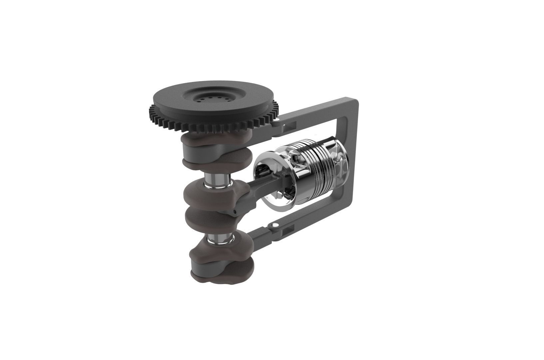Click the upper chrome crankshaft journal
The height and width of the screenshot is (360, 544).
point(218,180)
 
